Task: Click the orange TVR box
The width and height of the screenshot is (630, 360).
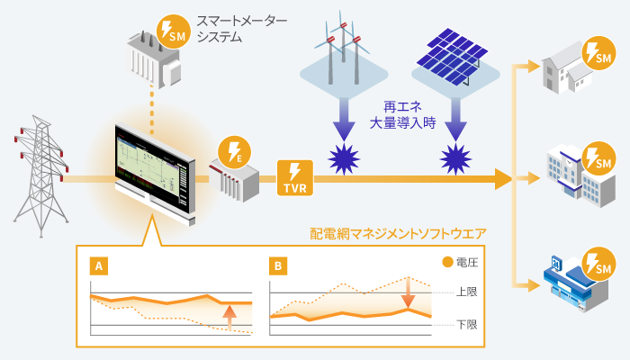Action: coord(295,177)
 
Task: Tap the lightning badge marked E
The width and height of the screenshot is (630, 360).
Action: coord(234,153)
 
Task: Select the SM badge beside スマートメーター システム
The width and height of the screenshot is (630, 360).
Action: coord(174,31)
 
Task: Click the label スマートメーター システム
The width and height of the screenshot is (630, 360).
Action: coord(242,29)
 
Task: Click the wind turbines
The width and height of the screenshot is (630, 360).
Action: coord(342,48)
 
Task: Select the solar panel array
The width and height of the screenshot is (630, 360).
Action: coord(453,56)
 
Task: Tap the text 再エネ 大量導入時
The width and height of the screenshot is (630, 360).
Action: coord(402,115)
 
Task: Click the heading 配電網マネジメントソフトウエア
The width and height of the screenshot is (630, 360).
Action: coord(398,234)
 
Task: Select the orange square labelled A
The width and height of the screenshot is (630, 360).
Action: coord(99,266)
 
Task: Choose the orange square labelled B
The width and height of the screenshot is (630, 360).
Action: coord(278,266)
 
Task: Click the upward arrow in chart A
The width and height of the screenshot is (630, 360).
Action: coord(229,318)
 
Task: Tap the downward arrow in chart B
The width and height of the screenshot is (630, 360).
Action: coord(409,292)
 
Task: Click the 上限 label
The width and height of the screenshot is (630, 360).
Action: coord(467,292)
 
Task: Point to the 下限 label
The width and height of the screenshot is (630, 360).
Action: coord(467,324)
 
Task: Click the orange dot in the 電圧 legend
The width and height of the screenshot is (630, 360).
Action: coord(447,263)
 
